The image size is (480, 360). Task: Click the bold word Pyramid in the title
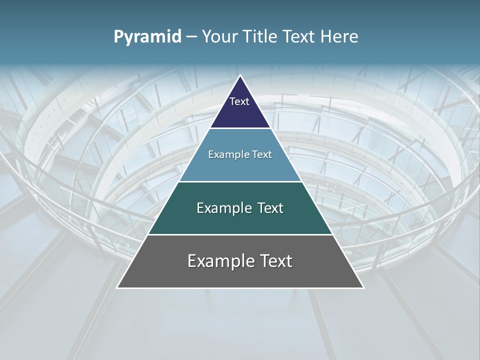coord(147,37)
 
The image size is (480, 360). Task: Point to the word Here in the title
coord(340,36)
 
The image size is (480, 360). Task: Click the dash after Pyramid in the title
coord(191,37)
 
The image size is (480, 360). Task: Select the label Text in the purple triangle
coord(239,101)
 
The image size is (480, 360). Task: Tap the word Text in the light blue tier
coord(262,155)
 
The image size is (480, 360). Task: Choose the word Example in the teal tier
coord(220,208)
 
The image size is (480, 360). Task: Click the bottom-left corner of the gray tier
coord(117,288)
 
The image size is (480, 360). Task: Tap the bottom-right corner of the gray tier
coord(363,288)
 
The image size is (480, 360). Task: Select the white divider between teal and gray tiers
coord(240,234)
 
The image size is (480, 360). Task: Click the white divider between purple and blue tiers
coord(240,128)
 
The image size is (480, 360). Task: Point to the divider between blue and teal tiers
coord(240,181)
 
